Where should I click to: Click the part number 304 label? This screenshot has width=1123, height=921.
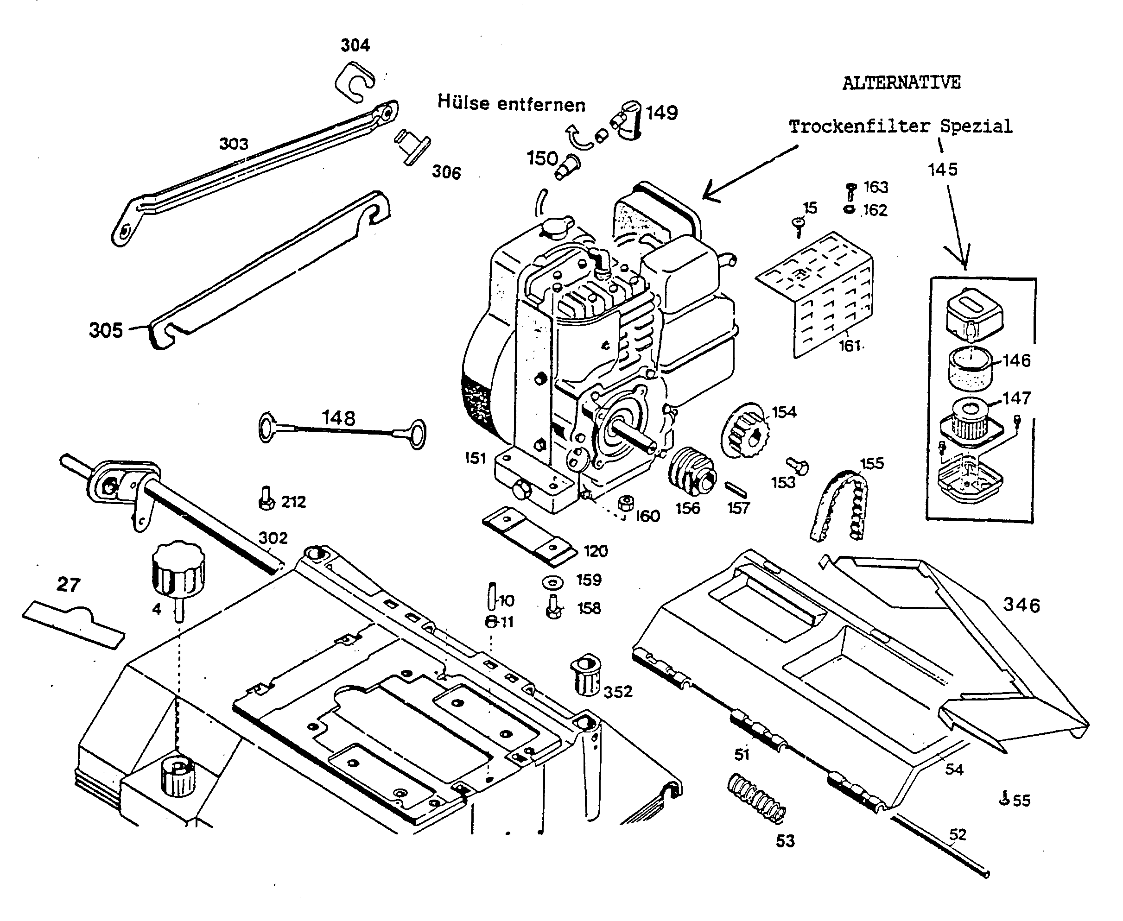(x=355, y=45)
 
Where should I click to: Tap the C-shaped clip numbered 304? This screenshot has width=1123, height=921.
(x=354, y=81)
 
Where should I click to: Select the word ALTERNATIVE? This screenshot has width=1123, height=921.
(x=901, y=83)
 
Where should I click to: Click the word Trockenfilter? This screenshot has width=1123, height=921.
(x=859, y=127)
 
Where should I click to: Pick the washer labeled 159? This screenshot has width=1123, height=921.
(x=553, y=582)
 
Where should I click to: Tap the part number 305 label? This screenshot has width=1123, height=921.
(x=106, y=330)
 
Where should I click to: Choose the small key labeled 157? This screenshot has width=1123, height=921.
(x=735, y=489)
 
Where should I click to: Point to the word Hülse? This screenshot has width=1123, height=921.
(x=463, y=102)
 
